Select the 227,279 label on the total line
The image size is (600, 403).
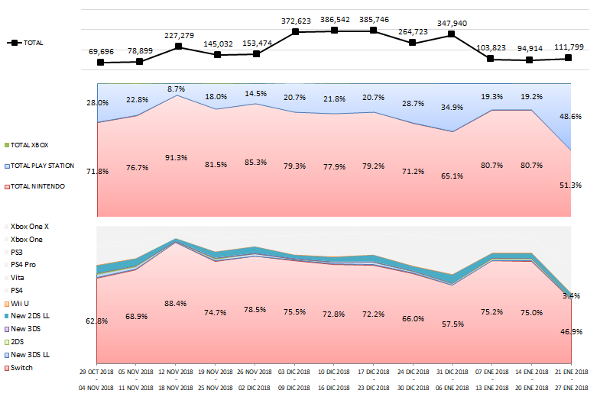pyautogui.click(x=177, y=34)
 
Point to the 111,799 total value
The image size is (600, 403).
pyautogui.click(x=567, y=47)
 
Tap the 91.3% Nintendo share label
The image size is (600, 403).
pyautogui.click(x=177, y=158)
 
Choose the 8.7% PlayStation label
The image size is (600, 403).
pyautogui.click(x=177, y=89)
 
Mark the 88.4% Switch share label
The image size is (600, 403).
pyautogui.click(x=177, y=303)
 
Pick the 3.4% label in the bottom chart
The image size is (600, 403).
pyautogui.click(x=571, y=295)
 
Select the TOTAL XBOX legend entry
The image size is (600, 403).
pyautogui.click(x=35, y=144)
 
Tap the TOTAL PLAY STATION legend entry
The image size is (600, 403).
pyautogui.click(x=47, y=166)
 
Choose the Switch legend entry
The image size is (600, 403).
pyautogui.click(x=21, y=368)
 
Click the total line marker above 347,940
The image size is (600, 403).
pyautogui.click(x=452, y=34)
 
